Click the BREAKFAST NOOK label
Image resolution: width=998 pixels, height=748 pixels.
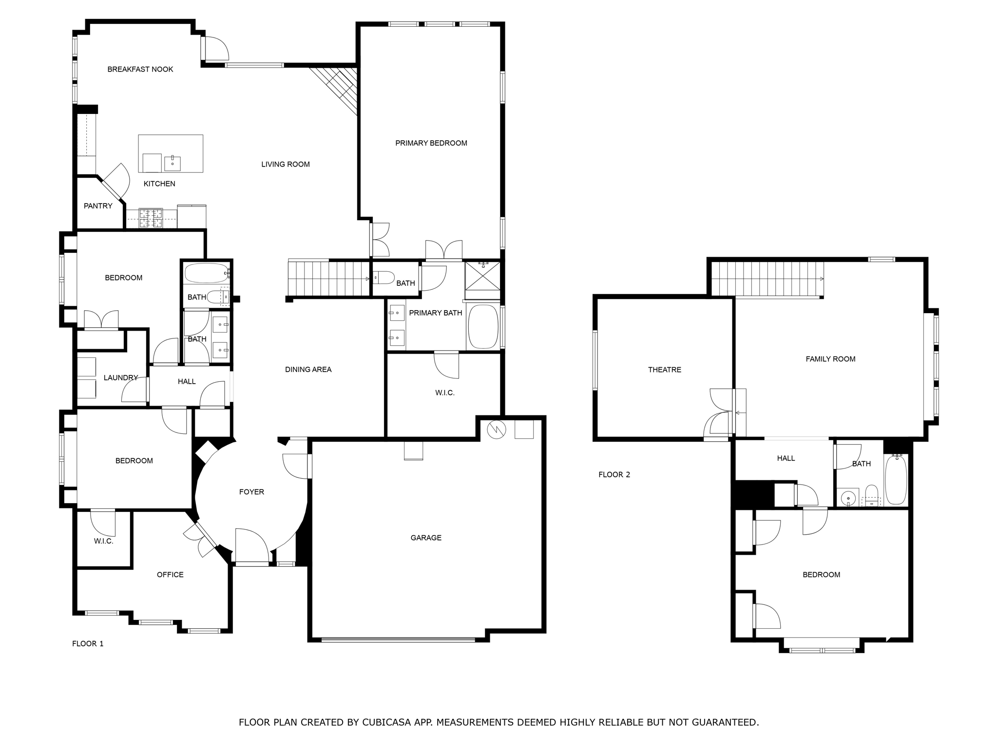point(140,70)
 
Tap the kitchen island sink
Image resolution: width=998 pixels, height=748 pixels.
point(173,164)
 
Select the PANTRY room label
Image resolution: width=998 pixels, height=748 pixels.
point(98,206)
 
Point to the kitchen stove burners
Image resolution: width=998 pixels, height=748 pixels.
point(151,218)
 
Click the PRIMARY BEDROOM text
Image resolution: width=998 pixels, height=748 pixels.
point(431,143)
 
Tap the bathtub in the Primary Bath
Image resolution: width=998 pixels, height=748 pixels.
point(483,327)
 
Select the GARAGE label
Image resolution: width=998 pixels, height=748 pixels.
point(426,538)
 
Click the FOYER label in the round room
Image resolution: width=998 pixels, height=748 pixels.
point(251,492)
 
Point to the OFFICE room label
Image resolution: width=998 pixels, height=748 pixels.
point(170,575)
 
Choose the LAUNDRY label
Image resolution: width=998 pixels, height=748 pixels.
point(120,378)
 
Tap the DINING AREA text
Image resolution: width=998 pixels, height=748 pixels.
point(308,370)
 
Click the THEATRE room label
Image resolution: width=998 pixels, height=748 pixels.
point(664,370)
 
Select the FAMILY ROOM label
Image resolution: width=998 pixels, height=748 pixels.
point(830,359)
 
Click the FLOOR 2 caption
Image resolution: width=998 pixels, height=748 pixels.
point(614,475)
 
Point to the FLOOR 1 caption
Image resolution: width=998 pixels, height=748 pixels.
point(88,644)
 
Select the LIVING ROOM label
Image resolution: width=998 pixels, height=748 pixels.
point(285,165)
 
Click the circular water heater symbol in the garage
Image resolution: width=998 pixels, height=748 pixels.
point(497,429)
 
